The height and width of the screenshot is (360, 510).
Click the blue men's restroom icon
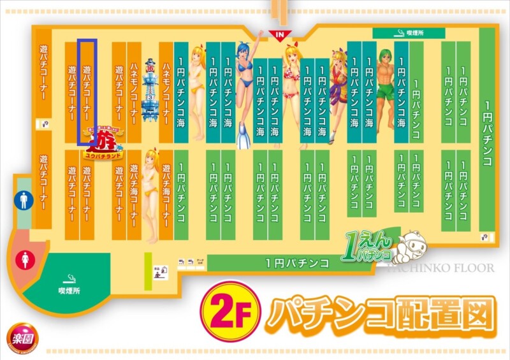(23, 201)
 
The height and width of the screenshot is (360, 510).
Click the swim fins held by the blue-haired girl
(243, 137)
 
